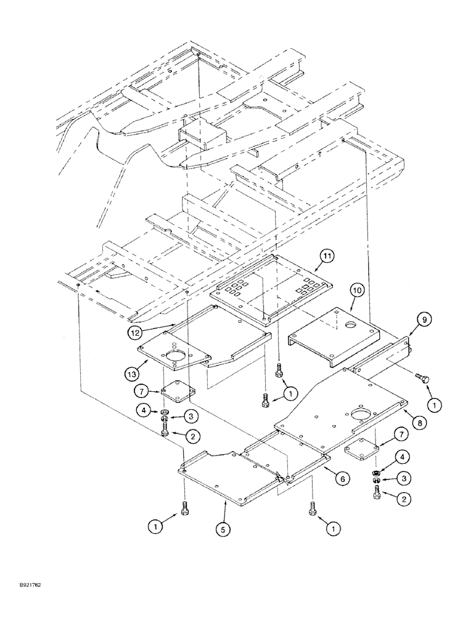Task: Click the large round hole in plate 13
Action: pyautogui.click(x=175, y=356)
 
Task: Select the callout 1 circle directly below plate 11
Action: pyautogui.click(x=287, y=392)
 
